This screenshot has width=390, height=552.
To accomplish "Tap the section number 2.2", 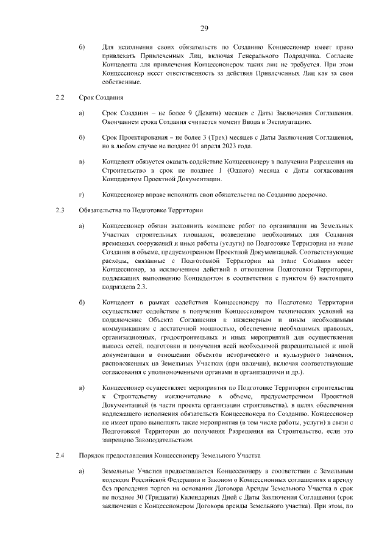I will pyautogui.click(x=59, y=97).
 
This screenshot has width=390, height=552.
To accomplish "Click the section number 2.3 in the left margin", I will pyautogui.click(x=59, y=210).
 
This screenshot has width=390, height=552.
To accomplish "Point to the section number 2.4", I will pyautogui.click(x=59, y=456).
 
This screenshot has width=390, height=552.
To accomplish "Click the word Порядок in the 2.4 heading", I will pyautogui.click(x=93, y=456).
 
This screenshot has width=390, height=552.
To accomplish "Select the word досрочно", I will pyautogui.click(x=312, y=195).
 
